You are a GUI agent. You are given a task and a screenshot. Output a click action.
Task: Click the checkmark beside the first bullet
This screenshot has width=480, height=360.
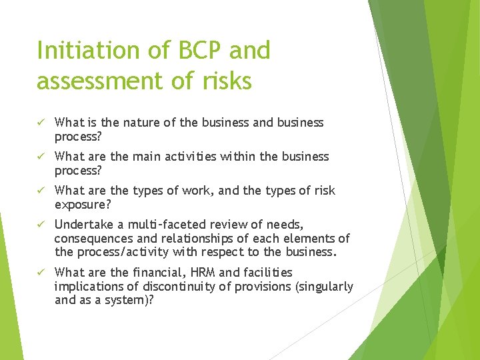[41, 123]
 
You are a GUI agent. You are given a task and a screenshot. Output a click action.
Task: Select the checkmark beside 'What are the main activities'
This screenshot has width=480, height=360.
[41, 157]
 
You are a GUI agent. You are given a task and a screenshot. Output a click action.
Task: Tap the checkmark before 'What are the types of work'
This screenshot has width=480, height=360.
[41, 191]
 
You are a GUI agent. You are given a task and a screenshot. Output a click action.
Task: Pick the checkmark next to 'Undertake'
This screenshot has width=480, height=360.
[41, 225]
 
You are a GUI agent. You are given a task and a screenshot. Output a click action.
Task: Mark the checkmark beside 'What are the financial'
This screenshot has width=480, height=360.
[41, 273]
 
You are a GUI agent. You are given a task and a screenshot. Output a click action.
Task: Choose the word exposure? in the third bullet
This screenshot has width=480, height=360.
[83, 203]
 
